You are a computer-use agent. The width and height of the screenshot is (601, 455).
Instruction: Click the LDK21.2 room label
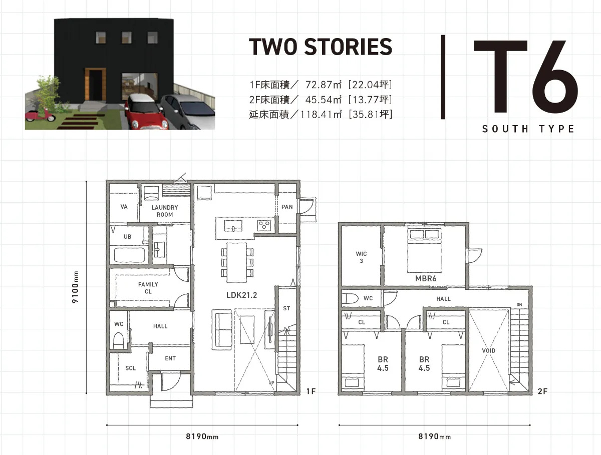click(x=241, y=295)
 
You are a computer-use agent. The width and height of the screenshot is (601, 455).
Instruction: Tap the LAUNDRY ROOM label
click(x=165, y=211)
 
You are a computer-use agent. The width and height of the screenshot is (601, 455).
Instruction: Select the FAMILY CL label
click(x=148, y=288)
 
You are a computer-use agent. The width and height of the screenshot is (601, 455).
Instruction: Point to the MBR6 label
click(x=426, y=278)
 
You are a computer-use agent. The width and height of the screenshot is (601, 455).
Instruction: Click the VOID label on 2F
click(x=488, y=350)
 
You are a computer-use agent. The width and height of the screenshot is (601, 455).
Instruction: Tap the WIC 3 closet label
click(x=361, y=257)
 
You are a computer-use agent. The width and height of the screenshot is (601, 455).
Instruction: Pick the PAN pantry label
click(x=287, y=207)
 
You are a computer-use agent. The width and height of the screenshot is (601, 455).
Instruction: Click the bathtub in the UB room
click(x=129, y=255)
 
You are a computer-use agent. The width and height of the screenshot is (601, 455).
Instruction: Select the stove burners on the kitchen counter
click(x=264, y=225)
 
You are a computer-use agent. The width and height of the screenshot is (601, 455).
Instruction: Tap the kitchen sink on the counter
click(x=233, y=226)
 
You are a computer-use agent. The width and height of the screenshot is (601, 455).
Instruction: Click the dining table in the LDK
click(x=236, y=262)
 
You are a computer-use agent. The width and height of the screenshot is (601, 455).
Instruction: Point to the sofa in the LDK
click(x=222, y=329)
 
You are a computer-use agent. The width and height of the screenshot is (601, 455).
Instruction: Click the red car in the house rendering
click(x=146, y=112)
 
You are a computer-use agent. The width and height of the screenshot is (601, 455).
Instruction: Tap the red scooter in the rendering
click(x=40, y=115)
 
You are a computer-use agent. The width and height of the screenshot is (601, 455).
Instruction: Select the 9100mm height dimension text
click(x=75, y=287)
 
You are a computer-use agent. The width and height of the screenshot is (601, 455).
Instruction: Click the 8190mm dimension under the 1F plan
click(x=202, y=436)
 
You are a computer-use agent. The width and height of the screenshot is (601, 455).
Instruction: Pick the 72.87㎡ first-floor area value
click(x=324, y=85)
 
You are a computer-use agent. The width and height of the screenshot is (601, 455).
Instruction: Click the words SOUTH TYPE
click(x=528, y=129)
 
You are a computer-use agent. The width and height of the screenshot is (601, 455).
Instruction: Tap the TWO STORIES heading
click(x=321, y=47)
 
